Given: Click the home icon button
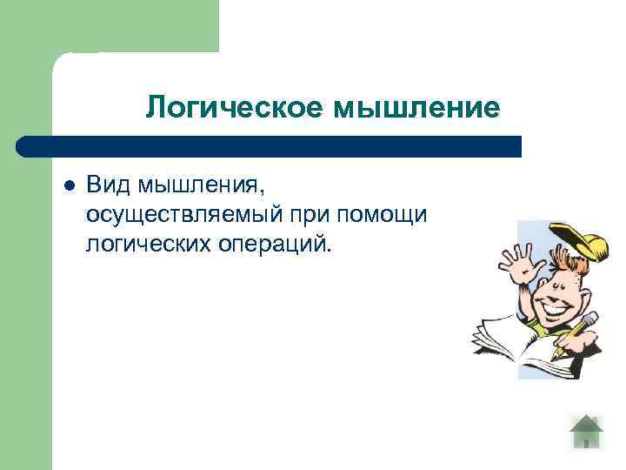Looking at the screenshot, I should [586, 431].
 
